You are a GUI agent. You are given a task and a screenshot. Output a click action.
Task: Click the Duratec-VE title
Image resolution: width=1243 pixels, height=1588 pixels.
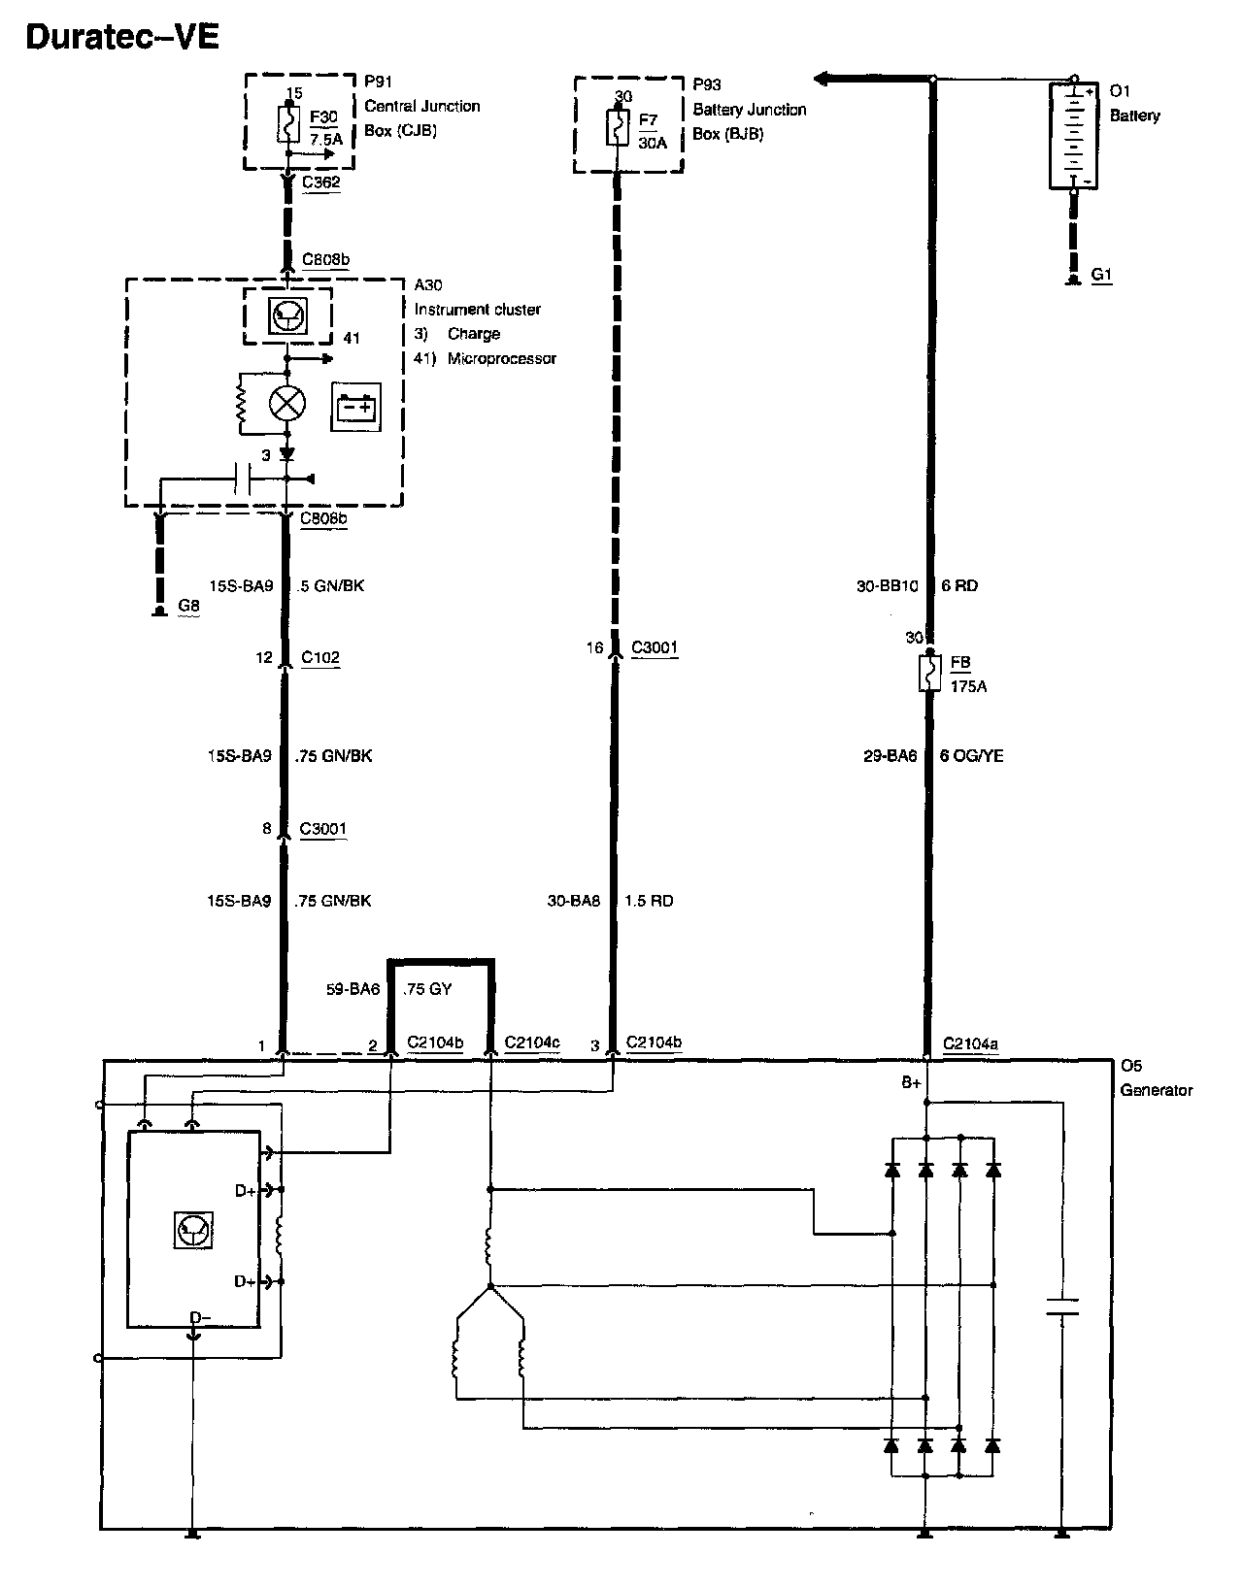coord(122,37)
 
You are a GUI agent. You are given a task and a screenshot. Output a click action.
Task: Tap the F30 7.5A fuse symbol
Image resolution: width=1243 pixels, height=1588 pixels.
coord(288,124)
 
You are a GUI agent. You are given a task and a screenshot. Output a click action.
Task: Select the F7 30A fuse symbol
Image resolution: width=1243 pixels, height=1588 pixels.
coord(616,127)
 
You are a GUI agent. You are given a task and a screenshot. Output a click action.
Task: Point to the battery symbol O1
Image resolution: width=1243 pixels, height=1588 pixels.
coord(1073,135)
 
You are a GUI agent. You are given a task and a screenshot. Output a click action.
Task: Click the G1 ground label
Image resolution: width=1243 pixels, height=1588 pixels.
coord(1101,275)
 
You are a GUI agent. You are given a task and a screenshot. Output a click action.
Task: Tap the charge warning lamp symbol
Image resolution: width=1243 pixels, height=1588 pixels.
coord(286,403)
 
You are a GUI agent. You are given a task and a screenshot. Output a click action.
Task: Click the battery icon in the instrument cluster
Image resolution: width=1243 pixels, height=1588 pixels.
coord(356,408)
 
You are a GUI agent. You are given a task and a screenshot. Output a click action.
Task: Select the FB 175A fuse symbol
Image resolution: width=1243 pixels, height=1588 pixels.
coord(930,673)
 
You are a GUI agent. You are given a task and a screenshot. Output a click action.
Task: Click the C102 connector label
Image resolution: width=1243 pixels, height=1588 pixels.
coord(319,657)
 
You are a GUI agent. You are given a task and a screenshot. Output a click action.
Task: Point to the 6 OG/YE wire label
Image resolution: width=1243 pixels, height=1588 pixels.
coord(971,755)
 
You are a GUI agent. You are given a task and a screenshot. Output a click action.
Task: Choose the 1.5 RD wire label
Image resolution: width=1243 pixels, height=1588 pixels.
coord(649,901)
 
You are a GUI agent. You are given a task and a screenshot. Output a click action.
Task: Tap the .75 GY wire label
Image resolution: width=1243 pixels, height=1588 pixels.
coord(427,989)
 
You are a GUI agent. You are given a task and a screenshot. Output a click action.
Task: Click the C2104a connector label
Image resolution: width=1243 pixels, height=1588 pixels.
coord(970,1044)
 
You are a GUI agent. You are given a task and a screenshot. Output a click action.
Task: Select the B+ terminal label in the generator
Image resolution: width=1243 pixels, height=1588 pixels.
coord(910,1082)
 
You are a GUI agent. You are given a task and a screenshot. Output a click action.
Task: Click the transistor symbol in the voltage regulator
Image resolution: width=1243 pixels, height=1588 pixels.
coord(191,1231)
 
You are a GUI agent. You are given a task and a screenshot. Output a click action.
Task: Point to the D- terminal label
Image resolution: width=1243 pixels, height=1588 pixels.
coord(198,1317)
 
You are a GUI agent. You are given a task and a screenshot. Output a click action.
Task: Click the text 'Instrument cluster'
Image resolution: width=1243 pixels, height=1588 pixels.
coord(477,310)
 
